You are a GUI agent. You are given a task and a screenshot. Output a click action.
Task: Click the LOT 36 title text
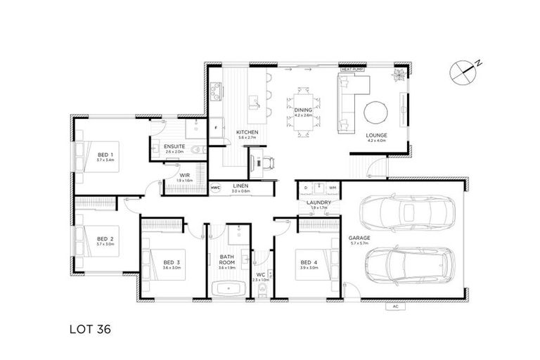click(x=91, y=328)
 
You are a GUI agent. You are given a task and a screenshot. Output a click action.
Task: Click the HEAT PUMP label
click(x=351, y=70)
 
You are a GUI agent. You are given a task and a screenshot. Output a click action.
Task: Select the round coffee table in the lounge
click(x=375, y=112)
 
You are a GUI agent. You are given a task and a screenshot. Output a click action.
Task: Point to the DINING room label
click(x=303, y=110)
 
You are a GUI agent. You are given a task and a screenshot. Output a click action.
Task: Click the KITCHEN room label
click(x=247, y=132)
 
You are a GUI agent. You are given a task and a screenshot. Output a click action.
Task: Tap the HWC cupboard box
click(x=215, y=188)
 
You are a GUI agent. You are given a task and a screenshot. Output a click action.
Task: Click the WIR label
click(x=184, y=175)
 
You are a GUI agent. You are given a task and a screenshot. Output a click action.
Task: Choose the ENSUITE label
click(x=174, y=146)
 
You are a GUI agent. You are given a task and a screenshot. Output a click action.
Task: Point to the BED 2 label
click(x=105, y=238)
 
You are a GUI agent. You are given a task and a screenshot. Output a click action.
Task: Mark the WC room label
click(x=259, y=274)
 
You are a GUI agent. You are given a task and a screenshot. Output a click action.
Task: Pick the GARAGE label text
click(x=359, y=238)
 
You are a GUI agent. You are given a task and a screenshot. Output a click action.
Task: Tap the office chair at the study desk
click(x=267, y=163)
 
